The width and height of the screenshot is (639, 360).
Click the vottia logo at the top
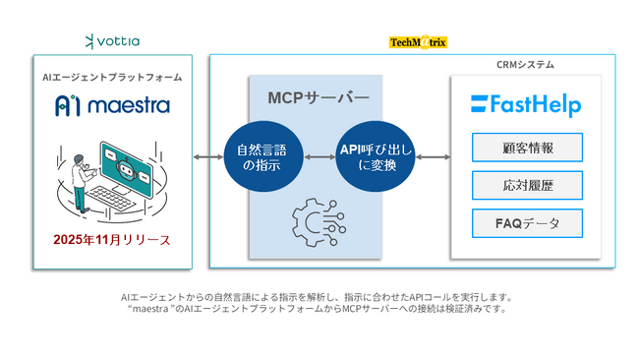(113, 41)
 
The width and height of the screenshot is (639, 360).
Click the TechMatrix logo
(418, 42)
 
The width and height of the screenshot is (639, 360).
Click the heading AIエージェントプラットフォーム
(112, 77)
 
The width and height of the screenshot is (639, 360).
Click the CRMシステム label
(526, 65)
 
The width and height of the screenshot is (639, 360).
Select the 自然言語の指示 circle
(262, 157)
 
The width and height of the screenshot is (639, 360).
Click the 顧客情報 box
(527, 148)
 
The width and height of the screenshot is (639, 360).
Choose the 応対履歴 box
(527, 185)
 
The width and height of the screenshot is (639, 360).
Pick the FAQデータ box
(527, 223)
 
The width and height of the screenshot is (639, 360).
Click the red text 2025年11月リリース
(112, 240)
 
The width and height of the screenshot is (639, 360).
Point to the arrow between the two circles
(319, 157)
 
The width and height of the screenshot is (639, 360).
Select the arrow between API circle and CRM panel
(433, 157)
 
